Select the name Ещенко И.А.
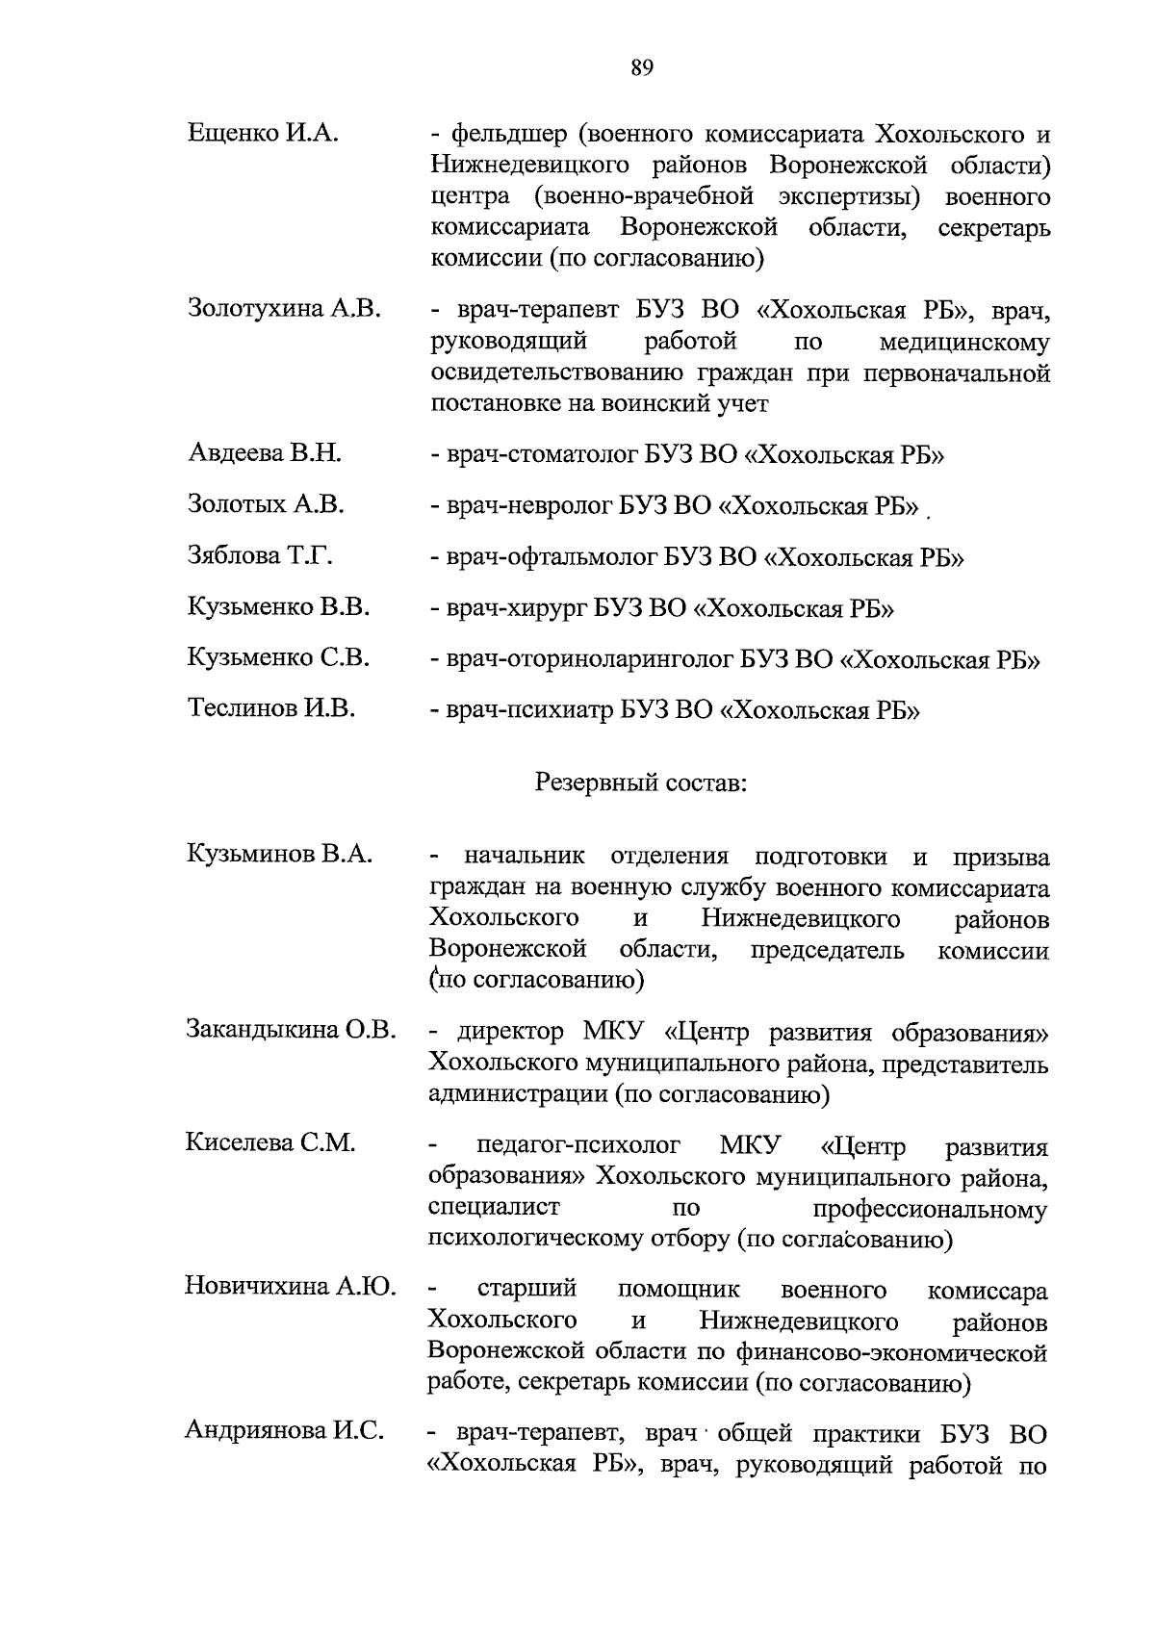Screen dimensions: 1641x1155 (x=263, y=133)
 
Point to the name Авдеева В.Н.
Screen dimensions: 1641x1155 (x=265, y=452)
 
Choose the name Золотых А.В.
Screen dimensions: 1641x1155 (x=266, y=503)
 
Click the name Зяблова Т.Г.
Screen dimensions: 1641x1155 (x=261, y=555)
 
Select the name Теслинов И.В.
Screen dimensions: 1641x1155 (x=271, y=709)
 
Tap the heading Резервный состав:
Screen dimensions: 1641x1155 (x=642, y=782)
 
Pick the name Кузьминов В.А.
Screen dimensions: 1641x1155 (x=280, y=854)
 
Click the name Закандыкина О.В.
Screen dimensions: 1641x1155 (x=291, y=1030)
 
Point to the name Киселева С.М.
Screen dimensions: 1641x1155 (x=270, y=1142)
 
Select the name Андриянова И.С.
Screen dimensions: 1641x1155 (x=285, y=1431)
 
